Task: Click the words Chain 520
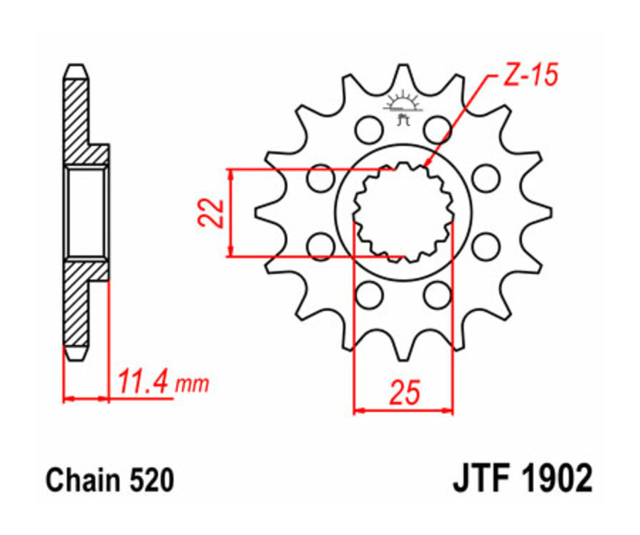click(x=110, y=481)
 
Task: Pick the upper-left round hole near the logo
click(x=368, y=129)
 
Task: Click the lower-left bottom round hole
click(x=368, y=294)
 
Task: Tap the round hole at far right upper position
click(x=485, y=177)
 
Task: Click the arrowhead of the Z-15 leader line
click(x=427, y=164)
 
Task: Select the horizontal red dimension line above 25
click(x=403, y=410)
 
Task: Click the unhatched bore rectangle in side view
click(x=87, y=212)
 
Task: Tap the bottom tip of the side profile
click(x=77, y=355)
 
